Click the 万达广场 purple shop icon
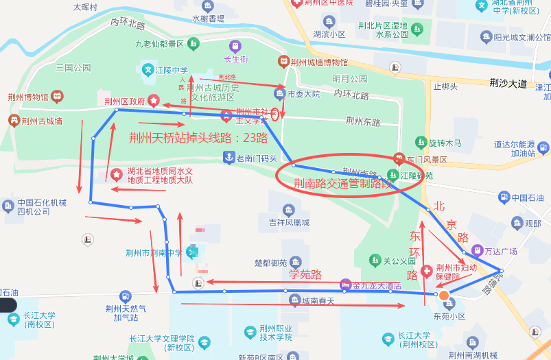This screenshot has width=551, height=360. [478, 251]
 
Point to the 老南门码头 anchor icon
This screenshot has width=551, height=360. [228, 158]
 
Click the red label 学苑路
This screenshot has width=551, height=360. [305, 276]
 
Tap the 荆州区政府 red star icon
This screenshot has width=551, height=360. [154, 101]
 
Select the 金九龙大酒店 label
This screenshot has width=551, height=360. [377, 285]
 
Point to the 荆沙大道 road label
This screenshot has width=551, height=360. [508, 84]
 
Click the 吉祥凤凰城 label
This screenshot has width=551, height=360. [289, 222]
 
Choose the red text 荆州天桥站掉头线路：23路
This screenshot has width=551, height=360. [198, 137]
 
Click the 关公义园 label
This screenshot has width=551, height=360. [399, 261]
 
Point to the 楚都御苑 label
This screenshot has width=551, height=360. [270, 263]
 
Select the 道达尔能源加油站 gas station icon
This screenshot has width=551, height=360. [543, 147]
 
